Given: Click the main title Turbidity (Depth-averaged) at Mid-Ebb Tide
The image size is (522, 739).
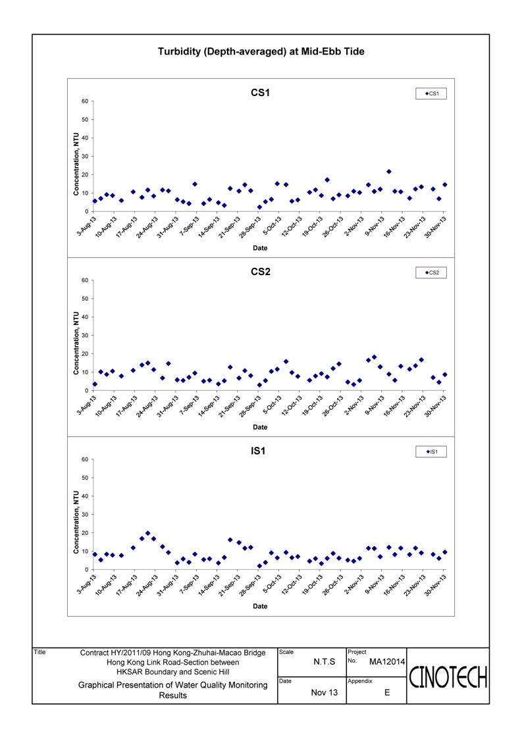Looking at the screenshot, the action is [261, 52].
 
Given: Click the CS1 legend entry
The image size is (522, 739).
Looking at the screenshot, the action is [431, 94].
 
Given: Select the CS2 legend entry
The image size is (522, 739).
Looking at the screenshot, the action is [431, 273].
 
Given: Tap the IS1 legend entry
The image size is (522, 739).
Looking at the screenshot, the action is [432, 452].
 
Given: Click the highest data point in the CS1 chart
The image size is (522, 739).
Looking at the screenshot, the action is [388, 172].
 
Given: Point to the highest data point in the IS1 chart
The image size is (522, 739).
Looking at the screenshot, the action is [147, 533].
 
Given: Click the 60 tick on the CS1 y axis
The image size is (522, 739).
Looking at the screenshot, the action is [84, 101].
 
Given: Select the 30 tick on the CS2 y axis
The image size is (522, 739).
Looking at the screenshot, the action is [84, 336].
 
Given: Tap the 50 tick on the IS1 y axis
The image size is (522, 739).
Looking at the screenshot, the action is [84, 478].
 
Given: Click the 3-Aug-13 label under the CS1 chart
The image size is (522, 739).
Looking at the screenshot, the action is [88, 226].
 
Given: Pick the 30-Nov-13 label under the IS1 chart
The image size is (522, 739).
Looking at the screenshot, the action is [436, 585].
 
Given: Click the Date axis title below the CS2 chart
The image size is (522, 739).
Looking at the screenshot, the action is [260, 428].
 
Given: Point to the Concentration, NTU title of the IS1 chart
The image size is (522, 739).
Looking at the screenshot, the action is [76, 522].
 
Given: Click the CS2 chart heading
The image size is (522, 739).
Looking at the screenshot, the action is [260, 272].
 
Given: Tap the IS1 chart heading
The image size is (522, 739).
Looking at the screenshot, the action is [258, 451].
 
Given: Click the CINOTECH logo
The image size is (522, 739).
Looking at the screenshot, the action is [448, 678].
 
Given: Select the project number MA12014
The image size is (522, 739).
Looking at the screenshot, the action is [386, 662].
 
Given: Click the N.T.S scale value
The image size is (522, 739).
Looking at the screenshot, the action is [324, 662].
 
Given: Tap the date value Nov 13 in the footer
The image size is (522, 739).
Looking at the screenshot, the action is [325, 692].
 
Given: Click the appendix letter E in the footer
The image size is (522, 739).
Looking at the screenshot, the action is [387, 692].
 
